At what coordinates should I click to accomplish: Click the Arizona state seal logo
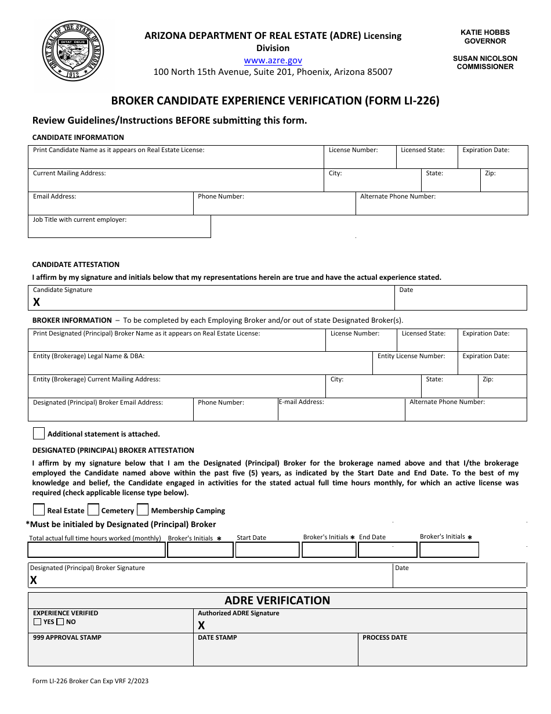[x=73, y=51]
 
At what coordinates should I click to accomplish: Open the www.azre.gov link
[x=273, y=60]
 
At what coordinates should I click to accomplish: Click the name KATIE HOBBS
[x=485, y=33]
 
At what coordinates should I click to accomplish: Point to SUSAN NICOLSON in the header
[x=485, y=58]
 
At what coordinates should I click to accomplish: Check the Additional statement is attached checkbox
[x=39, y=433]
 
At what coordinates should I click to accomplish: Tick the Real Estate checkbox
[x=39, y=510]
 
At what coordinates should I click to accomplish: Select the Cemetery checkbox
[x=93, y=510]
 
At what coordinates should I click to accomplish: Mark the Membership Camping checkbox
[x=143, y=510]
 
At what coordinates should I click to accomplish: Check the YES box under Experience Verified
[x=38, y=622]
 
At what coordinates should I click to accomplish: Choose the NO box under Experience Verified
[x=60, y=622]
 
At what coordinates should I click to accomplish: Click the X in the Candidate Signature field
[x=37, y=302]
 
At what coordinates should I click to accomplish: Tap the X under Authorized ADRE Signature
[x=201, y=625]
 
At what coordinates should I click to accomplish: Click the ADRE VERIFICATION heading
[x=277, y=600]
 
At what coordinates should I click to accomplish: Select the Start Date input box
[x=267, y=550]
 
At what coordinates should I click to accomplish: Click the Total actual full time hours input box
[x=96, y=550]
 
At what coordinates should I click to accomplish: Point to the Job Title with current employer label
[x=79, y=219]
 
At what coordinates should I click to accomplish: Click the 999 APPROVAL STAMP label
[x=67, y=637]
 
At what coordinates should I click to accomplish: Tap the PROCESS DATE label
[x=385, y=637]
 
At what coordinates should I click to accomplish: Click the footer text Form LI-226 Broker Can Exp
[x=90, y=681]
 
